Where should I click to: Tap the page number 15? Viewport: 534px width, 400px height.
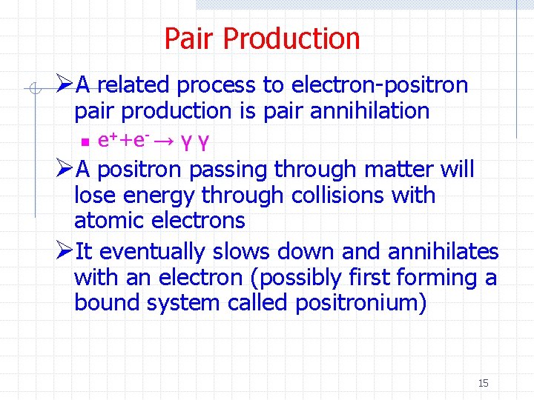pos(483,383)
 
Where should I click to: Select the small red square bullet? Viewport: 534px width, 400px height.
pos(85,141)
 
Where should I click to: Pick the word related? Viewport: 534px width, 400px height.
pos(132,85)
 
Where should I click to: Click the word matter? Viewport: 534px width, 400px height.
pos(398,170)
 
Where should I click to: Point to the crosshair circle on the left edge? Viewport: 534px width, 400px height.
pos(33,90)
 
